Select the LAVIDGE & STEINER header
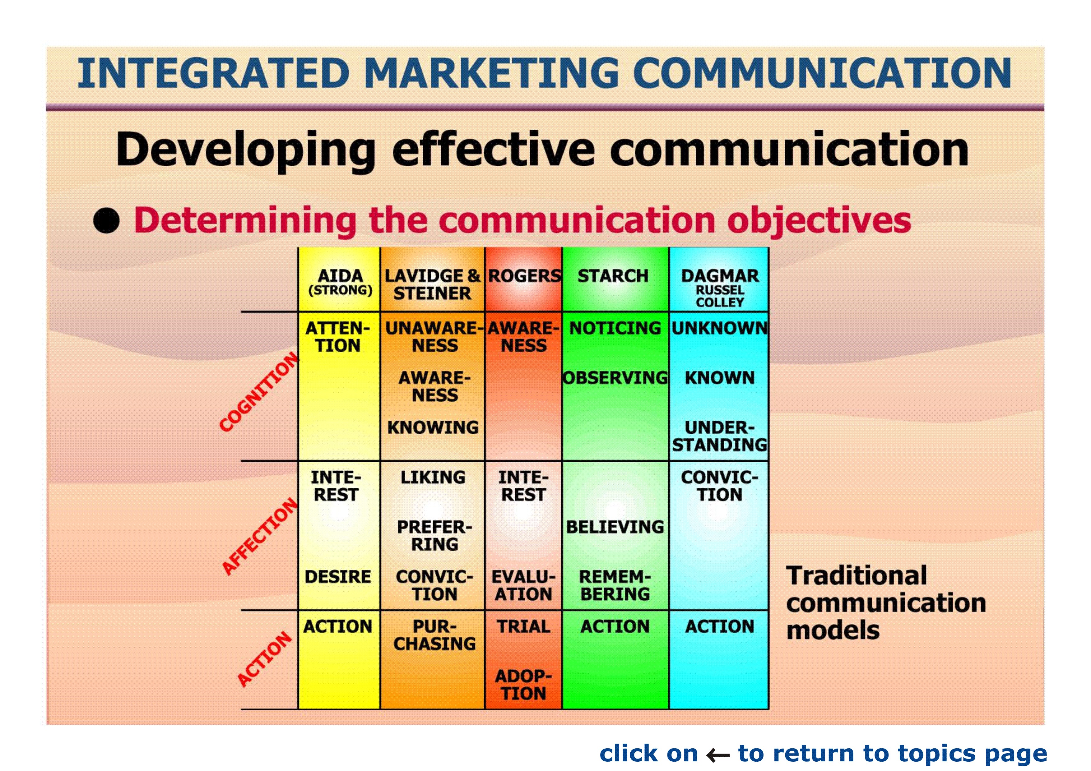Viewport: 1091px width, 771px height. tap(432, 284)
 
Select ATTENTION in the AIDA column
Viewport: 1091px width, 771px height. tap(337, 337)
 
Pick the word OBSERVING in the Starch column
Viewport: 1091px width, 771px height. tap(615, 378)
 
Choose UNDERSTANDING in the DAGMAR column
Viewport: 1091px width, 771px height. tap(719, 436)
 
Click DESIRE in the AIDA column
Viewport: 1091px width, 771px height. tap(338, 577)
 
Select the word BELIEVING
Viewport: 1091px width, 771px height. tap(615, 527)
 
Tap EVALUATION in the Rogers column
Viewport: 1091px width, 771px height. tap(523, 585)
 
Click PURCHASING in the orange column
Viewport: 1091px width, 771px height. tap(434, 635)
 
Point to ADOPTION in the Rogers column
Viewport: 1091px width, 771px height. tap(523, 685)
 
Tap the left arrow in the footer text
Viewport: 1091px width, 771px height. tap(717, 755)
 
